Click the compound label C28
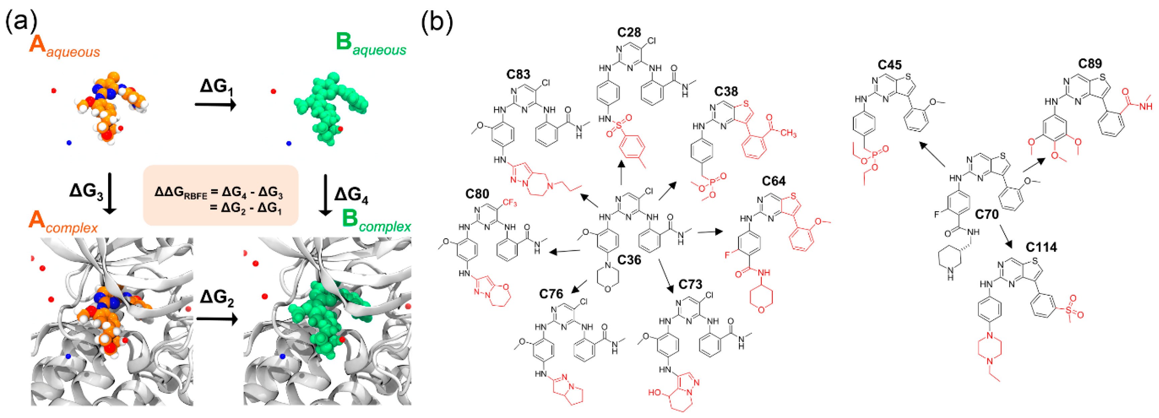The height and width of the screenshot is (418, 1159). (629, 32)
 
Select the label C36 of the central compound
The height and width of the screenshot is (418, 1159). (629, 260)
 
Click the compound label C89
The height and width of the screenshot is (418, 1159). (1090, 64)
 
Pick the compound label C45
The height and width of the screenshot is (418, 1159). (890, 65)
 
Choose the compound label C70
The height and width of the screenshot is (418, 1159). (987, 214)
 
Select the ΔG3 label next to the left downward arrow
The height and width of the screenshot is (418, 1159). (86, 191)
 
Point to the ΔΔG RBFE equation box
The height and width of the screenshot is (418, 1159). (221, 195)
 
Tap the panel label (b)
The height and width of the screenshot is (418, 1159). (436, 21)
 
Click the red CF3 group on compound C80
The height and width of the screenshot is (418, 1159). (509, 203)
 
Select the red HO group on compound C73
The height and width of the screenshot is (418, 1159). (655, 392)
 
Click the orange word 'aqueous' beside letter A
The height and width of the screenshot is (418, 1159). (73, 52)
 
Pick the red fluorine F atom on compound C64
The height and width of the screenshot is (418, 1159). (727, 255)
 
